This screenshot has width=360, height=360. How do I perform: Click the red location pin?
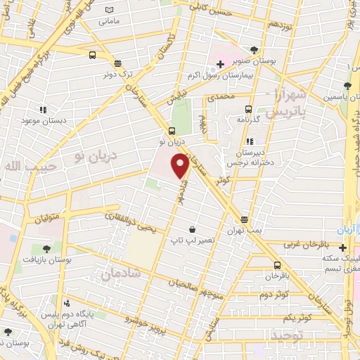181,165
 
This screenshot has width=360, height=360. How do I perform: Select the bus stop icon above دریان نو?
172,131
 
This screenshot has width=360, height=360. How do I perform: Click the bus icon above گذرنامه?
247,109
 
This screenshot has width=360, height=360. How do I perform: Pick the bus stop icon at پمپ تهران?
244,219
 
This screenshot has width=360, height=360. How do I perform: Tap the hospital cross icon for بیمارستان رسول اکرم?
220,65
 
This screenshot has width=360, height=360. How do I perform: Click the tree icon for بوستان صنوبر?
254,50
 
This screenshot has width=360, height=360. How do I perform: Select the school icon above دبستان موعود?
41,110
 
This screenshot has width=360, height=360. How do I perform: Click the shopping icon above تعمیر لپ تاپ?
193,229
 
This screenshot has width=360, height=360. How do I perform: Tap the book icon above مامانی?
109,10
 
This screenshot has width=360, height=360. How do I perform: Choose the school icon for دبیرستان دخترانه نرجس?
250,141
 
